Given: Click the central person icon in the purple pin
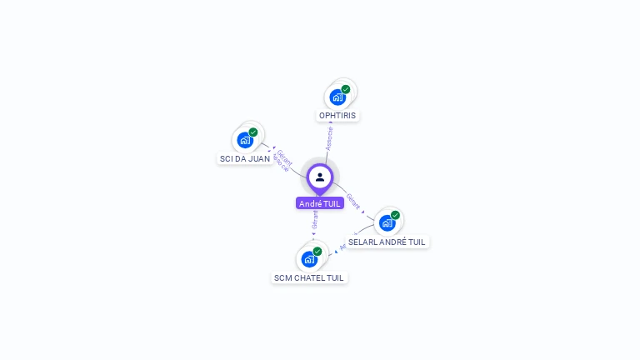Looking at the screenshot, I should click(x=320, y=177).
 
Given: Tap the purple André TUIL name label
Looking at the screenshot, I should click(x=320, y=203).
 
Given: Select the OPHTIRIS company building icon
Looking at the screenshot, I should click(x=337, y=97).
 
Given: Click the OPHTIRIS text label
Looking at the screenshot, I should click(x=338, y=115).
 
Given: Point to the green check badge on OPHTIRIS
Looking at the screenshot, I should click(x=345, y=89).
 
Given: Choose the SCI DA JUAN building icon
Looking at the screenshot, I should click(x=245, y=140).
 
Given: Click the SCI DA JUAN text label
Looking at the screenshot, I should click(x=245, y=158).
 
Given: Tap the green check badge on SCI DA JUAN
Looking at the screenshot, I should click(x=253, y=132).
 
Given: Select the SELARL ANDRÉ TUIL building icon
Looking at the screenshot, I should click(x=387, y=223).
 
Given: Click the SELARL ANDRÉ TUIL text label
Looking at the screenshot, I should click(x=387, y=242).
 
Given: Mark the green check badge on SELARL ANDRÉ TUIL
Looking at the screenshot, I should click(x=395, y=215).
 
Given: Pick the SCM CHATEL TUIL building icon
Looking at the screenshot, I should click(x=309, y=259).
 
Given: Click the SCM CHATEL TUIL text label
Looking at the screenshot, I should click(x=309, y=277).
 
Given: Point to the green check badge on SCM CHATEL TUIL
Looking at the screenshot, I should click(x=317, y=251).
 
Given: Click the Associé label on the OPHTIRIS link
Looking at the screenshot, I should click(x=330, y=138).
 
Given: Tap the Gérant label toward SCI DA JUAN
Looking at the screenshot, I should click(x=285, y=157).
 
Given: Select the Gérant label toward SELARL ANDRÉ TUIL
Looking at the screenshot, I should click(x=353, y=201).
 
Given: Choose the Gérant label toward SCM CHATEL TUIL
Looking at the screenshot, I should click(x=315, y=220).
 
